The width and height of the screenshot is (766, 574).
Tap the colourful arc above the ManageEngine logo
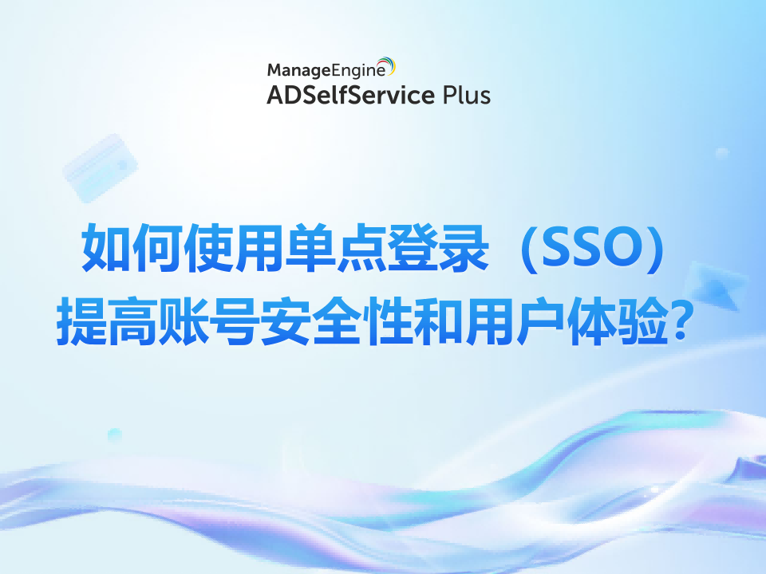point(385,61)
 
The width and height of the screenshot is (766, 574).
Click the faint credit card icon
point(100,168)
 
